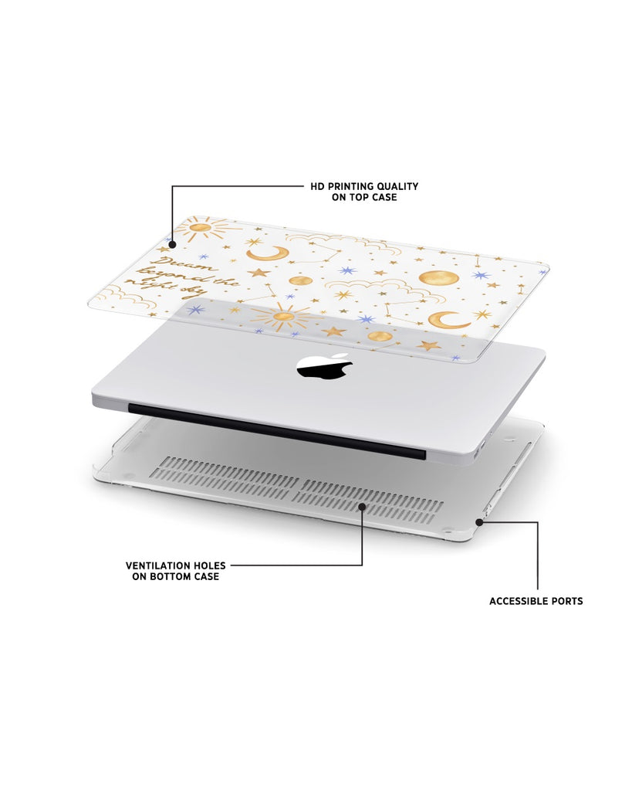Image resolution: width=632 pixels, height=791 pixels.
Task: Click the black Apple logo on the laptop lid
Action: pos(325,365)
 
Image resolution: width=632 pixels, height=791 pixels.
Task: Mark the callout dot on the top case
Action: pos(172,245)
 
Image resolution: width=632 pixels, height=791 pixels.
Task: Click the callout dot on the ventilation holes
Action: pos(362,506)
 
